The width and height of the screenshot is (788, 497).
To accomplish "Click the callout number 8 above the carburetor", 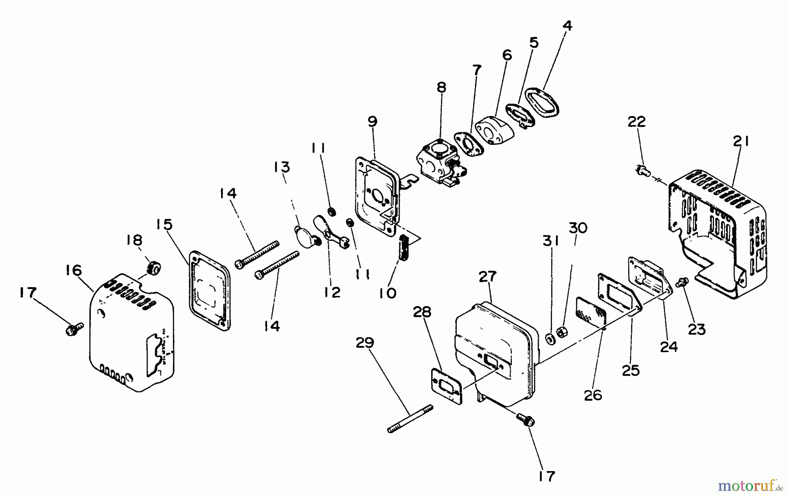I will click(x=441, y=88).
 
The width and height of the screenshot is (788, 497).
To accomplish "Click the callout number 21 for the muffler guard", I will click(x=741, y=141).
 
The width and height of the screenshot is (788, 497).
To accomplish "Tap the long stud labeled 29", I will click(x=410, y=419).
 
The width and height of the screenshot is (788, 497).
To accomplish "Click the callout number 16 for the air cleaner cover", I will click(x=74, y=270).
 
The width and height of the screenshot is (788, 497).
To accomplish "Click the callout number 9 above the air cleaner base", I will click(x=372, y=121).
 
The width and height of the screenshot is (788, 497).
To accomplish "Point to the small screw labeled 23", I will click(x=682, y=282).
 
